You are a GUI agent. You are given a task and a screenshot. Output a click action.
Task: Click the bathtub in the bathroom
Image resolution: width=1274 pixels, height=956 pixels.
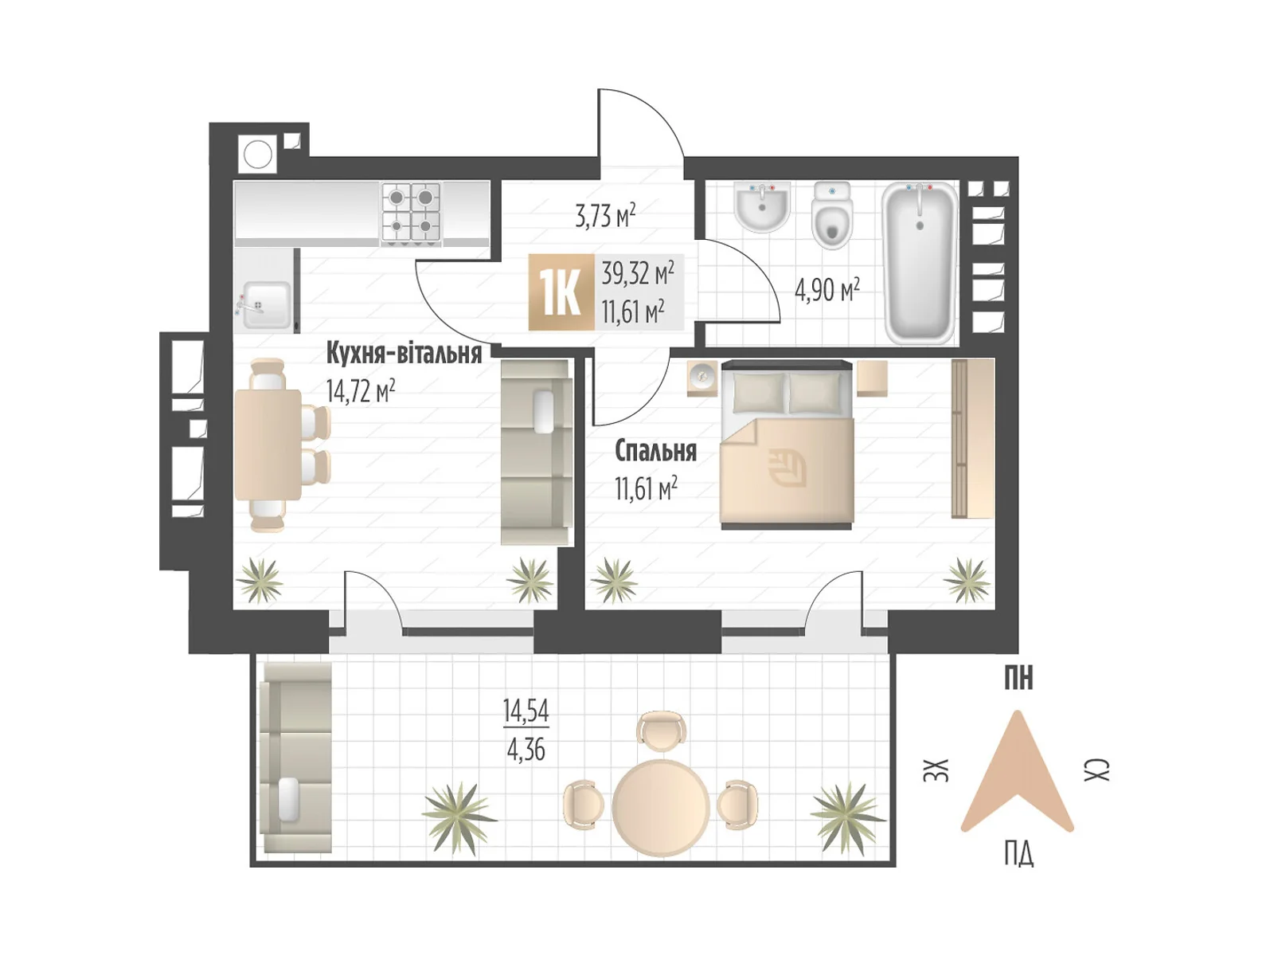tap(920, 262)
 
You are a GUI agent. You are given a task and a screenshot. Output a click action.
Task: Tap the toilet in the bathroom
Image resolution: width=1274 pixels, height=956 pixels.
tap(832, 215)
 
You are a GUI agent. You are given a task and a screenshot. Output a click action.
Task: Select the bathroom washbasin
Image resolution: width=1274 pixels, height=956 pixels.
tap(761, 206)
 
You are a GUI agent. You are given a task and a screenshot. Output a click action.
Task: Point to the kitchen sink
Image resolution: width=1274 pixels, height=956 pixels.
tap(264, 305)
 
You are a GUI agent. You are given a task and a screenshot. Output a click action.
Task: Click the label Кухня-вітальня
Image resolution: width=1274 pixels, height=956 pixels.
tap(404, 353)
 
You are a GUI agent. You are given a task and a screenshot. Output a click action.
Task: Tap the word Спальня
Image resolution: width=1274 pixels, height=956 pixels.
tap(655, 450)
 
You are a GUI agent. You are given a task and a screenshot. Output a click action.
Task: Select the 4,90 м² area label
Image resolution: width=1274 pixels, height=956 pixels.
tap(827, 290)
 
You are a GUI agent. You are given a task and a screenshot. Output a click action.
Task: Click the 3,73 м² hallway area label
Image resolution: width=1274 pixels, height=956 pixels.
tap(605, 216)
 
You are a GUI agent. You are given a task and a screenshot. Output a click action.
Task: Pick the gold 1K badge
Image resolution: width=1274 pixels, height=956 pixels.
tap(561, 292)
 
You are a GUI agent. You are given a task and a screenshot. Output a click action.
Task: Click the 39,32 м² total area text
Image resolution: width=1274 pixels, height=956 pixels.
tap(637, 272)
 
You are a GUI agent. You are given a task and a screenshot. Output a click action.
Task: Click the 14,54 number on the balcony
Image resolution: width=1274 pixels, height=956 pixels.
tap(526, 711)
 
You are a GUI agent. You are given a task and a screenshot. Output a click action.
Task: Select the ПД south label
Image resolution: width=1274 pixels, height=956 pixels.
tap(1018, 854)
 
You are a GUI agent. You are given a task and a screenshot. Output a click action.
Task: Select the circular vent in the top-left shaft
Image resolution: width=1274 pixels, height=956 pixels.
tap(258, 155)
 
